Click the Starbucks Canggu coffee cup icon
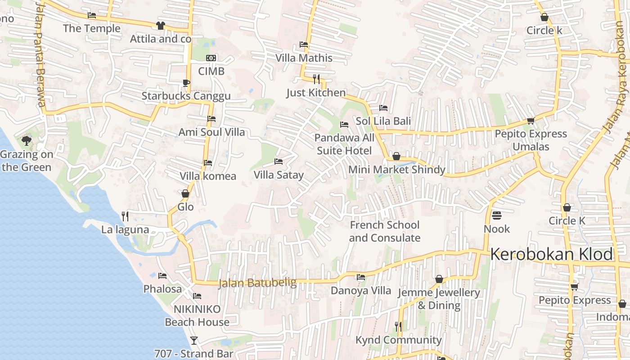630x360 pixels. point(186,83)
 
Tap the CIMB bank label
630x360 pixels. point(211,71)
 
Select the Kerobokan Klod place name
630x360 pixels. point(551,254)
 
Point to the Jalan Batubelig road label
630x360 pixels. point(257,283)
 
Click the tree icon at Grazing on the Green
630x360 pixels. point(27,141)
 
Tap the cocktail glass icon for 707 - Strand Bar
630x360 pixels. point(194,340)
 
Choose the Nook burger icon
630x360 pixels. point(497,216)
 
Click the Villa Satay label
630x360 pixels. point(279,175)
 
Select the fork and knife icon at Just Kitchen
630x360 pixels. point(316,79)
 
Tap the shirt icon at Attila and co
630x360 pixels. point(161,26)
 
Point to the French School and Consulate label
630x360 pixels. point(384,231)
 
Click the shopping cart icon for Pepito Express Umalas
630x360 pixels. point(531,121)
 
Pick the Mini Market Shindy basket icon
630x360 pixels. point(396,156)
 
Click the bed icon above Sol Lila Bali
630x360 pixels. point(383,108)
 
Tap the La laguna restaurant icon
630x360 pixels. point(125,216)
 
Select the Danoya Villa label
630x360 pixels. point(361,290)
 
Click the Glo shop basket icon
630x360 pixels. point(185,193)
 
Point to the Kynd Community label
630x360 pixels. point(398,340)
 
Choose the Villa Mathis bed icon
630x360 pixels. point(304,45)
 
